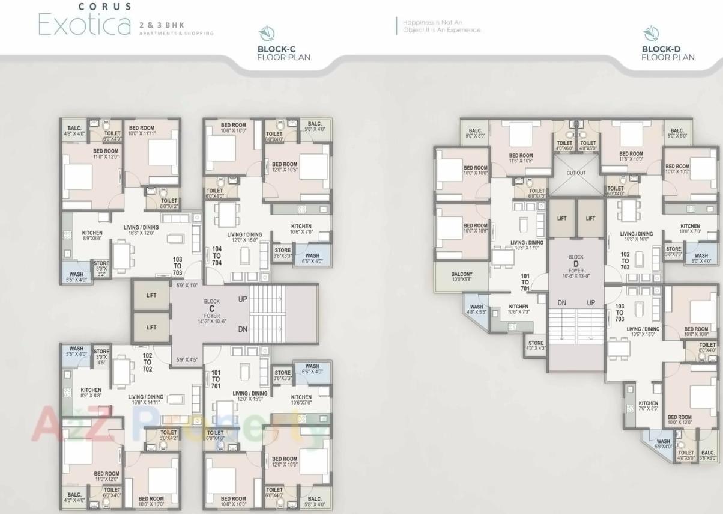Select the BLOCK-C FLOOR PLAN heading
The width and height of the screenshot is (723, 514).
click(283, 53)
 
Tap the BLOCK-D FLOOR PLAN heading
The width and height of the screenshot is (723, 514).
click(668, 53)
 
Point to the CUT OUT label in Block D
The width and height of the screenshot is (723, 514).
click(576, 173)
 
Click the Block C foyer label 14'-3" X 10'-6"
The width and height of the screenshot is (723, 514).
click(211, 322)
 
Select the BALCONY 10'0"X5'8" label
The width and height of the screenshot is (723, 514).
click(461, 277)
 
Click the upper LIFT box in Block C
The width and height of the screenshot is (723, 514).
click(151, 295)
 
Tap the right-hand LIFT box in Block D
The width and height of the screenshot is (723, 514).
click(590, 218)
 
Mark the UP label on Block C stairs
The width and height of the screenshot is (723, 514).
click(243, 299)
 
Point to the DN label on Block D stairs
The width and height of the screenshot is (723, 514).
click(562, 303)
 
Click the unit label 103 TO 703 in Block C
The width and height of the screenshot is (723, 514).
click(177, 266)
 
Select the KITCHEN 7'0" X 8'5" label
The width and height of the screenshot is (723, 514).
click(648, 406)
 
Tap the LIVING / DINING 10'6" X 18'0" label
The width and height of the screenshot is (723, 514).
click(643, 332)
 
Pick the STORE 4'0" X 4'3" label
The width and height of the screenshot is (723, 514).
click(536, 346)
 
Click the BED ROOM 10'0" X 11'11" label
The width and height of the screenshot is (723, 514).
click(142, 131)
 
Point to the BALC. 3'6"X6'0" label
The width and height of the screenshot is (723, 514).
click(708, 455)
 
